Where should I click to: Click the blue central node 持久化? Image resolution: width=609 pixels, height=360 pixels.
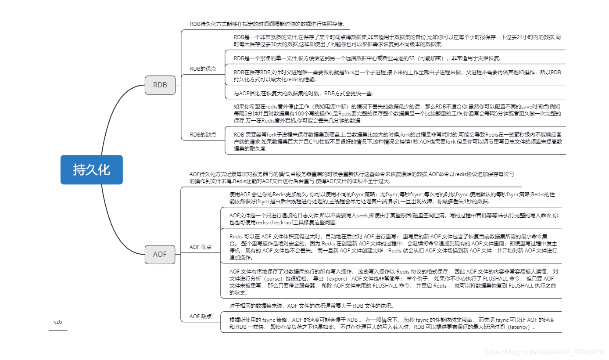pyautogui.click(x=91, y=169)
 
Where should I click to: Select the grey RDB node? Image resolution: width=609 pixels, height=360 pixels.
pyautogui.click(x=160, y=85)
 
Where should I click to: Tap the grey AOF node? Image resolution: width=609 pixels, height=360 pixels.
pyautogui.click(x=160, y=254)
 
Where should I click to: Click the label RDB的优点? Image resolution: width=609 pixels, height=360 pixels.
pyautogui.click(x=203, y=69)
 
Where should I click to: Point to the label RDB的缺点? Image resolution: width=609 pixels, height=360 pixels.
pyautogui.click(x=203, y=135)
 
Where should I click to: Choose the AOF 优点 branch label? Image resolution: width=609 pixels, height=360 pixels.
pyautogui.click(x=201, y=247)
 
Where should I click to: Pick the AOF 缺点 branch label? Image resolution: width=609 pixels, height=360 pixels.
pyautogui.click(x=201, y=316)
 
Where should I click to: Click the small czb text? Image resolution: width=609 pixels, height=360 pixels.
pyautogui.click(x=58, y=322)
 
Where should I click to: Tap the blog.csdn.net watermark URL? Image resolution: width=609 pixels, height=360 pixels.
pyautogui.click(x=546, y=352)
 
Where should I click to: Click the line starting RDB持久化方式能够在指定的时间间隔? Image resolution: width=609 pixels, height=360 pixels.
pyautogui.click(x=267, y=24)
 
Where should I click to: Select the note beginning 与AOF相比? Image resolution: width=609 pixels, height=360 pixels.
pyautogui.click(x=303, y=93)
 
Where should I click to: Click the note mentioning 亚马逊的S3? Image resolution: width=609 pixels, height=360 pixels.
pyautogui.click(x=367, y=58)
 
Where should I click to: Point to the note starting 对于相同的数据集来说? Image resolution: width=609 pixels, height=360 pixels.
pyautogui.click(x=312, y=306)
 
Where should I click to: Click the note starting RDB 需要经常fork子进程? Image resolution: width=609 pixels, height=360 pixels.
pyautogui.click(x=397, y=141)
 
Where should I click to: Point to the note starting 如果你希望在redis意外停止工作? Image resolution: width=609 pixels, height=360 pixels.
pyautogui.click(x=397, y=113)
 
